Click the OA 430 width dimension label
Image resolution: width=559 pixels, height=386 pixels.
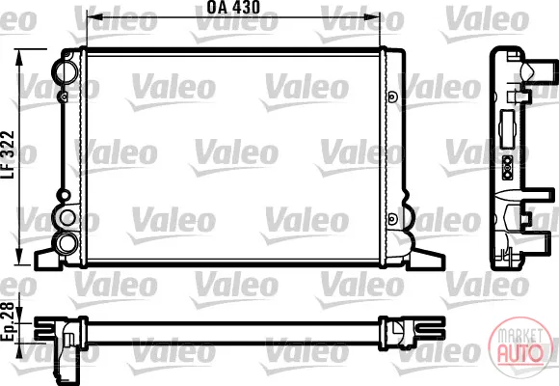(x=233, y=7)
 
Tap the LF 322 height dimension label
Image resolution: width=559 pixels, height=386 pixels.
(x=8, y=154)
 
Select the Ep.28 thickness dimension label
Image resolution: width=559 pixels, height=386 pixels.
(x=7, y=321)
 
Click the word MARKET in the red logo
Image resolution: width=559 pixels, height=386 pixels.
(x=519, y=336)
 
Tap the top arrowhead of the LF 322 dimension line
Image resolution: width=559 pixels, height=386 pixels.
(x=19, y=57)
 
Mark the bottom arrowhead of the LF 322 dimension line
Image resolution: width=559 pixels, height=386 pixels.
(x=19, y=257)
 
